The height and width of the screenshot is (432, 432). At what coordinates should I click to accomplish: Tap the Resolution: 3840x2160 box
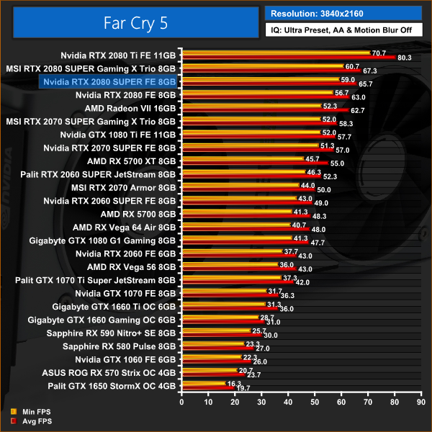coord(343,12)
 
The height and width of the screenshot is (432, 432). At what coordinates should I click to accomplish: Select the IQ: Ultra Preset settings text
coord(343,30)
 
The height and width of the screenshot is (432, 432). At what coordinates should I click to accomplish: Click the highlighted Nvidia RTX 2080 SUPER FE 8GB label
coord(109,81)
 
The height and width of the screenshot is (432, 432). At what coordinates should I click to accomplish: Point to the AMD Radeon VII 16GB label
coord(130,107)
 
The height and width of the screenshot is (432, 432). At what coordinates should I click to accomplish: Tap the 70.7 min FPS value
coord(379,53)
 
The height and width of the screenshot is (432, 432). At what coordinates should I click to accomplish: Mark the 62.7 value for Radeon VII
coord(357,110)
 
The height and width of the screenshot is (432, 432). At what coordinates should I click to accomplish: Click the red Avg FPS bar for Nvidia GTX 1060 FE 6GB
coord(215,361)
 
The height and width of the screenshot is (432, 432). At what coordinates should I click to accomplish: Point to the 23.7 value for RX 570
coord(253,375)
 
